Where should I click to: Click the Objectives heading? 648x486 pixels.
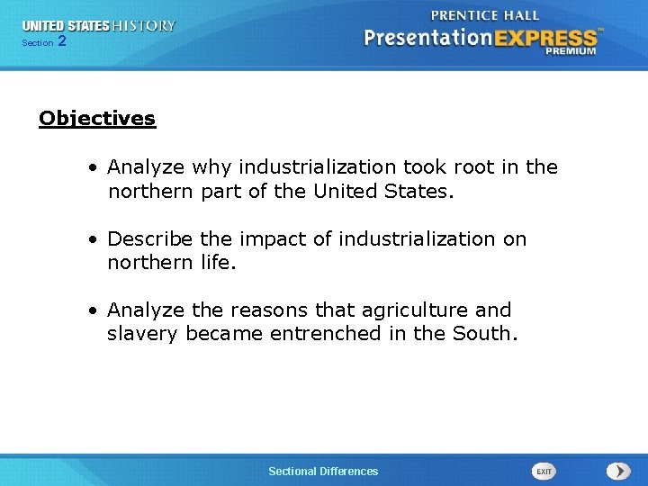point(97,119)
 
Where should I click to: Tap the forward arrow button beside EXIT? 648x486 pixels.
point(618,471)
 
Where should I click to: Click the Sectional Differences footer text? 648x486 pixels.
point(323,472)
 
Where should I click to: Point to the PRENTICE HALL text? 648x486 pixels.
point(485,15)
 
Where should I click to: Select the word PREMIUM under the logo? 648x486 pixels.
point(570,51)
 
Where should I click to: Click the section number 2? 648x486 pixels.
point(61,41)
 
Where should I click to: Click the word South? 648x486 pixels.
point(487,334)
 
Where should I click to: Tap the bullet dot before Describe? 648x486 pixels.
point(94,239)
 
